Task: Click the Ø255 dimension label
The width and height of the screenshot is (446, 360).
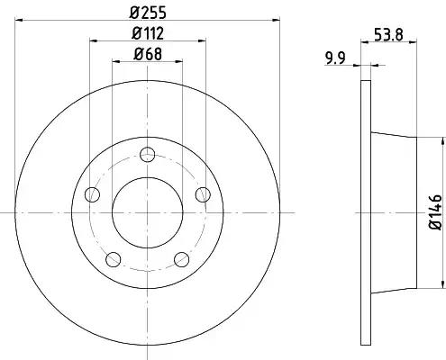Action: point(148,13)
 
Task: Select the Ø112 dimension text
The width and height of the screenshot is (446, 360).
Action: point(148,33)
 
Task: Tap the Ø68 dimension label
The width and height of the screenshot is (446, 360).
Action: point(148,54)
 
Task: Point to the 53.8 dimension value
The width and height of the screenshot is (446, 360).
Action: point(388,34)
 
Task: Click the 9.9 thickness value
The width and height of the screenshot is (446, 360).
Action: point(335,58)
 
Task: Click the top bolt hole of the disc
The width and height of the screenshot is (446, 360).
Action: point(148,155)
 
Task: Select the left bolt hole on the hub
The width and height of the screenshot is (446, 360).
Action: point(92,194)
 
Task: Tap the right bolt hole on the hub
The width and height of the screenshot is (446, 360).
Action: point(203,194)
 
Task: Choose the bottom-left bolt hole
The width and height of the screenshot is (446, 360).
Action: point(114,259)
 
